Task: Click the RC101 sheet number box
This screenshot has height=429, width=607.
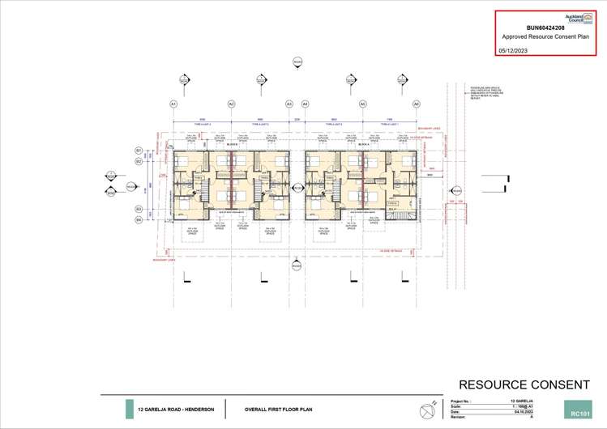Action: point(579,413)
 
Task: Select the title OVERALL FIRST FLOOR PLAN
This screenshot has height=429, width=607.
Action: point(278,410)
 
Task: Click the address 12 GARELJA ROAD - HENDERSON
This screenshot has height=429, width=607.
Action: point(176,410)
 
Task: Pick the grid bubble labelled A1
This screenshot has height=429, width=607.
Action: point(173,104)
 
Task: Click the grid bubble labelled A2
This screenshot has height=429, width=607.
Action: point(231,104)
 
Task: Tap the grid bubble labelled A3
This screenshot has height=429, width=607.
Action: point(289,104)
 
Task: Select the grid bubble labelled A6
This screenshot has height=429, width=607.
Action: point(417,104)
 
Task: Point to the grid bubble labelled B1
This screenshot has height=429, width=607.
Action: point(139,151)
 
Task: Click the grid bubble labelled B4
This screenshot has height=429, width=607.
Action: point(139,219)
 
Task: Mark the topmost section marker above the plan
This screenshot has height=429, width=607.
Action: point(297,62)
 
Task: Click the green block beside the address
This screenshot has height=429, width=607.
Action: point(130,410)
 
